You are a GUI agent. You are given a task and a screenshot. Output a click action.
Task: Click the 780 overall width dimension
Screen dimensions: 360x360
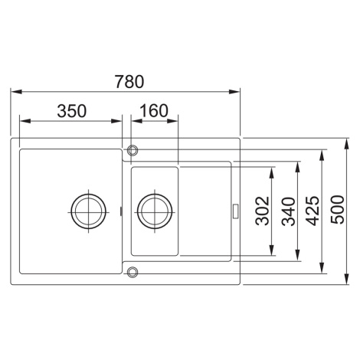[129, 82]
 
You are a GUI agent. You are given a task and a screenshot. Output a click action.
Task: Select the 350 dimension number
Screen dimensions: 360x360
[72, 111]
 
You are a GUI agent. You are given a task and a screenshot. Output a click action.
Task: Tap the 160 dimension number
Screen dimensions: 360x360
[154, 110]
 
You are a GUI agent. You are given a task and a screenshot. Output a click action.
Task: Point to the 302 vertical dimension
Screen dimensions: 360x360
[262, 211]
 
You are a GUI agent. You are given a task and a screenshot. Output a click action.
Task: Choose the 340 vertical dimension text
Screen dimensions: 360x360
[288, 211]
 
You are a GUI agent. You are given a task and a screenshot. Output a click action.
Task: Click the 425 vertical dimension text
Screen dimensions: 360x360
[313, 211]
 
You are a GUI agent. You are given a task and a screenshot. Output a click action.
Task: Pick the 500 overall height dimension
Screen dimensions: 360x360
[337, 210]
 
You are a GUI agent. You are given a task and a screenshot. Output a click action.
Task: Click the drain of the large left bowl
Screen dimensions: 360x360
[89, 211]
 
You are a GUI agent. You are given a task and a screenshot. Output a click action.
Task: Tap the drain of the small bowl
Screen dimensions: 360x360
[155, 211]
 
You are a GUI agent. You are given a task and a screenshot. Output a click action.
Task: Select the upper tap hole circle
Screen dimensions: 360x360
[133, 150]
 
